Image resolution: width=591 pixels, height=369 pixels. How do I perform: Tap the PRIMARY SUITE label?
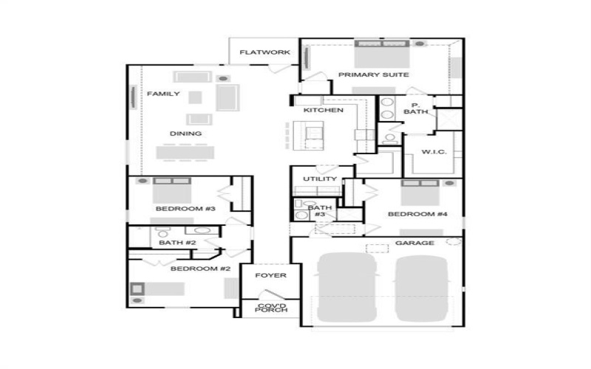pyautogui.click(x=373, y=75)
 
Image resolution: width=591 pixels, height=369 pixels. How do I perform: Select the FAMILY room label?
pyautogui.click(x=163, y=94)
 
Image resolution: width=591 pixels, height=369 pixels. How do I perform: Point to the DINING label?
pyautogui.click(x=185, y=134)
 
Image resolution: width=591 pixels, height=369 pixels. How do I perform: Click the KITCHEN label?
pyautogui.click(x=323, y=110)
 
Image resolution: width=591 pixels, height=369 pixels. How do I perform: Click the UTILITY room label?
pyautogui.click(x=320, y=179)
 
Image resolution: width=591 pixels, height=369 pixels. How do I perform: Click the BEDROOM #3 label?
pyautogui.click(x=185, y=209)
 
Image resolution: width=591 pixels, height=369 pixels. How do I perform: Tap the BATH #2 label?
pyautogui.click(x=177, y=242)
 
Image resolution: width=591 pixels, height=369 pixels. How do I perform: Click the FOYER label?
pyautogui.click(x=270, y=275)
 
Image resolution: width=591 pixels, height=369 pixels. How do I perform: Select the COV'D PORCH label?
pyautogui.click(x=270, y=308)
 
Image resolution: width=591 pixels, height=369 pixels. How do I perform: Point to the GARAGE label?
pyautogui.click(x=414, y=242)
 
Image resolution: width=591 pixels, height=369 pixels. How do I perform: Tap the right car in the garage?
pyautogui.click(x=422, y=287)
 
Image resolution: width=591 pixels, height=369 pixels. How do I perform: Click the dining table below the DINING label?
pyautogui.click(x=185, y=152)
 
